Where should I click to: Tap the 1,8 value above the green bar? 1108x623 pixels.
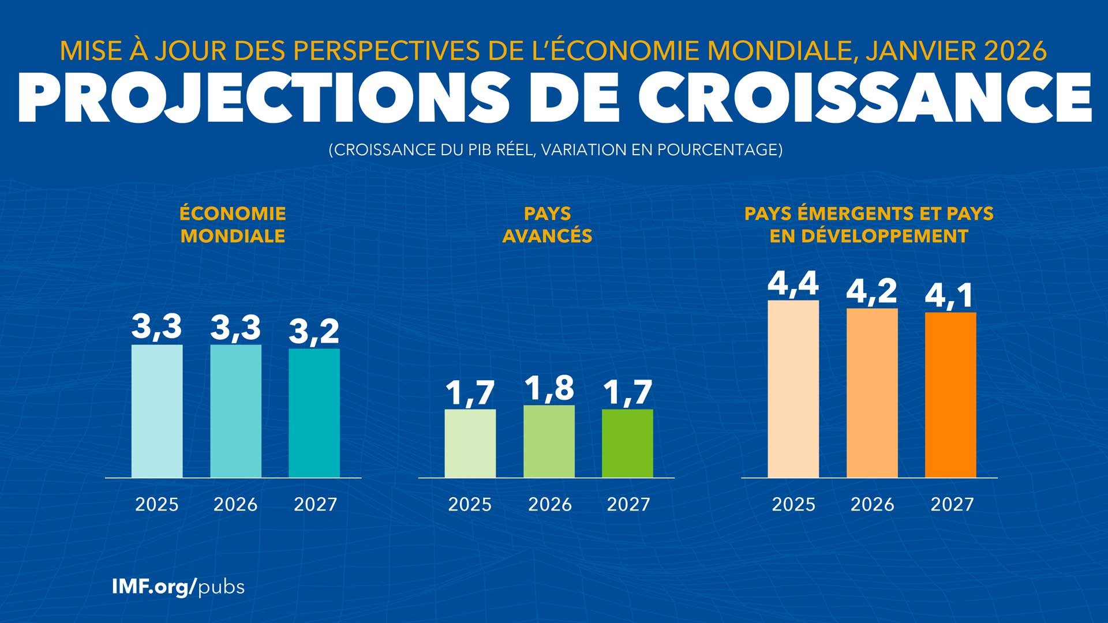pyautogui.click(x=549, y=388)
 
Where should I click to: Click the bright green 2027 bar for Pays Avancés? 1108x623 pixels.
pyautogui.click(x=627, y=443)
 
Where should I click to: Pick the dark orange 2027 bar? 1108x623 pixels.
pyautogui.click(x=950, y=395)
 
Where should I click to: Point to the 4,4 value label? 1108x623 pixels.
pyautogui.click(x=793, y=284)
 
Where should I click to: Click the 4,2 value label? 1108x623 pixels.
pyautogui.click(x=871, y=291)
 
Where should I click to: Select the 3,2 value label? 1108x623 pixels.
pyautogui.click(x=314, y=332)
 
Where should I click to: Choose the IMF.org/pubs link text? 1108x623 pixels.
pyautogui.click(x=178, y=587)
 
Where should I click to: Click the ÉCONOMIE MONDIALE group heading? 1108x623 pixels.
pyautogui.click(x=233, y=224)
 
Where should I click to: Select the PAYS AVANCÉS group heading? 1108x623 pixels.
pyautogui.click(x=547, y=224)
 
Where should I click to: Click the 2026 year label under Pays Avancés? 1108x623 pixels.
pyautogui.click(x=549, y=505)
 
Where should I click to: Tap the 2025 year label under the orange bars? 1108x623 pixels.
pyautogui.click(x=793, y=505)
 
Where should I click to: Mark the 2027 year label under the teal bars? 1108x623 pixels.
pyautogui.click(x=315, y=505)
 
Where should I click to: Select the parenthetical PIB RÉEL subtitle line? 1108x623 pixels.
pyautogui.click(x=555, y=150)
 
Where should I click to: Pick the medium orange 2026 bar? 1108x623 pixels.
pyautogui.click(x=872, y=393)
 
